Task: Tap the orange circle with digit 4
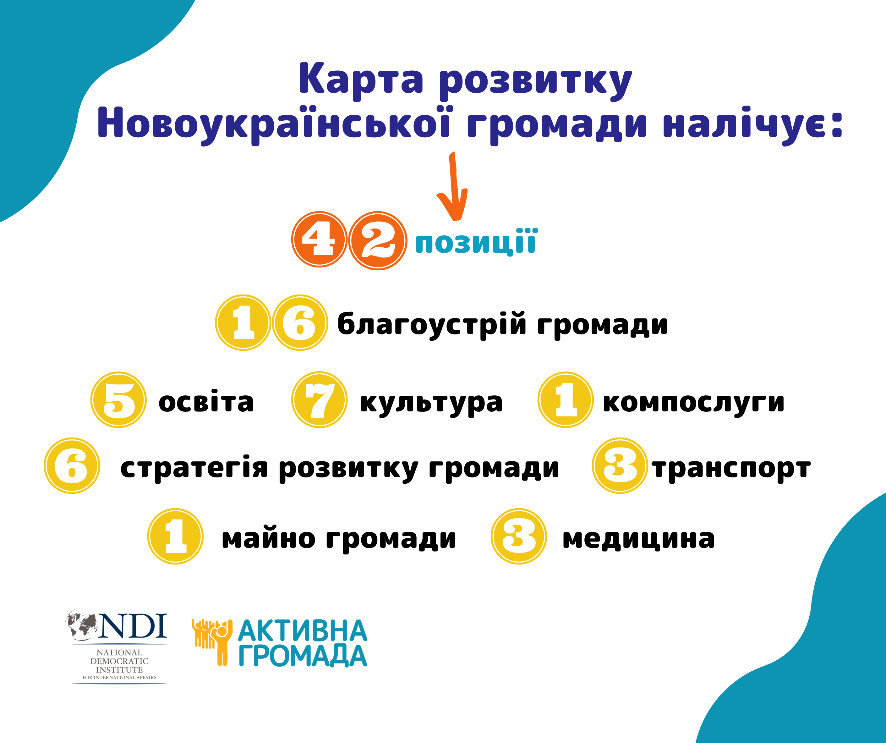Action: coord(320,239)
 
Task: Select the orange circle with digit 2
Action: coord(378,240)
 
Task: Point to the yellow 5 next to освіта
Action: coord(118,399)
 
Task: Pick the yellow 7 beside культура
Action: coord(320,399)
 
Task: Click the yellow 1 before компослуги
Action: coord(566,399)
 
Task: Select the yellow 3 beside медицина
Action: coord(519,536)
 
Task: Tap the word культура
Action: coord(431,403)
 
